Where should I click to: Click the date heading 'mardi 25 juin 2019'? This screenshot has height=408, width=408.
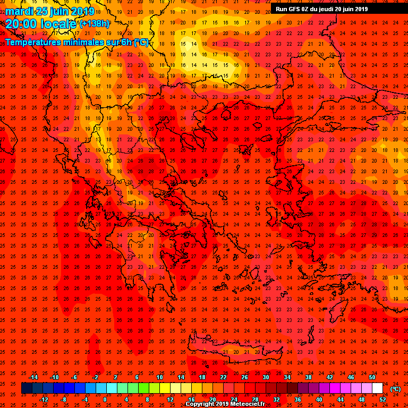[50, 11]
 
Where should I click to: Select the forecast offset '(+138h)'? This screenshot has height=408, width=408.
[95, 24]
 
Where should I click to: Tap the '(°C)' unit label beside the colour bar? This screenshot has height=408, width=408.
[395, 389]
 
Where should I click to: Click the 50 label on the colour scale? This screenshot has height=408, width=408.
[372, 377]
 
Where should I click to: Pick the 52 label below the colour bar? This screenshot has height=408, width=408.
[382, 399]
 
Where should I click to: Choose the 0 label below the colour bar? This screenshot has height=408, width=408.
[105, 399]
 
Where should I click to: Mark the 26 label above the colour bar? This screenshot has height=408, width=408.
[244, 377]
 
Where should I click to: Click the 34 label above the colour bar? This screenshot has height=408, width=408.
[287, 377]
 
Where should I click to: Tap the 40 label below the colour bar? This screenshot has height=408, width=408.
[319, 399]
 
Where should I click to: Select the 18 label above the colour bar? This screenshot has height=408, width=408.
[202, 377]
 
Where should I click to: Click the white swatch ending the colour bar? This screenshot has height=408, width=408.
[377, 388]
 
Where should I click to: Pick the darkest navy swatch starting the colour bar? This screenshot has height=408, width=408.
[27, 388]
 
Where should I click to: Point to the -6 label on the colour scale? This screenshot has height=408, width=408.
[74, 377]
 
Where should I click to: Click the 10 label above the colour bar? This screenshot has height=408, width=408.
[159, 377]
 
